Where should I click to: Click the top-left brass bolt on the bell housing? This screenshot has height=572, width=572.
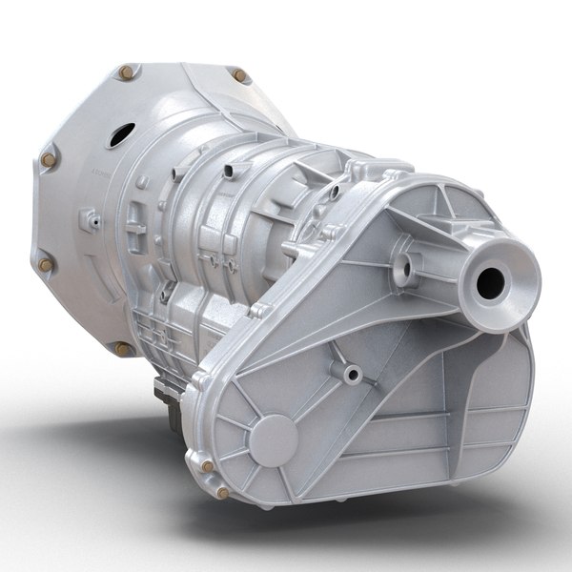[x=124, y=71]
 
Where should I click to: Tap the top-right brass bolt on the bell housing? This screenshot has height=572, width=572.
[x=239, y=75]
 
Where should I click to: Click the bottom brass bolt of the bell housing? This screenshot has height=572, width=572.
[x=122, y=349]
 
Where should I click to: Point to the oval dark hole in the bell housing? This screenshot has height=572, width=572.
[x=117, y=134]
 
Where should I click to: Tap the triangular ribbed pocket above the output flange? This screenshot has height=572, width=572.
[x=433, y=204]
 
